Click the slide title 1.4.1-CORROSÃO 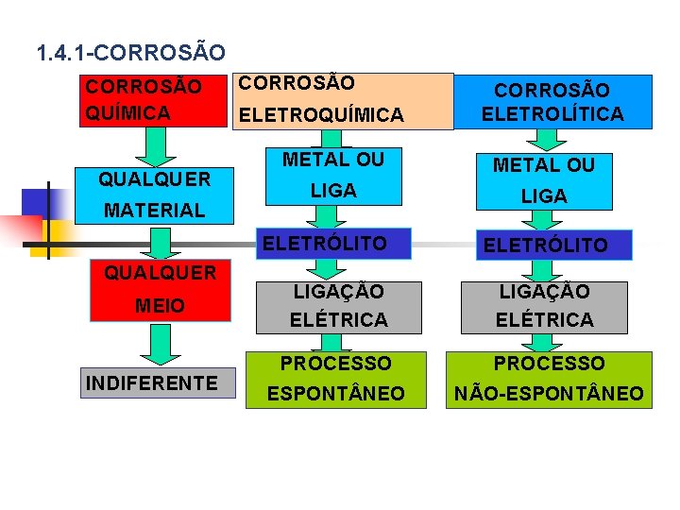click(130, 51)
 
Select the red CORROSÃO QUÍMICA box click(156, 100)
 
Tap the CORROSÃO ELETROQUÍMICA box click(343, 101)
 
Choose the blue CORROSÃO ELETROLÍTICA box click(552, 102)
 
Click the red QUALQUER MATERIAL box click(156, 194)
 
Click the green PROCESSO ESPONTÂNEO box click(335, 378)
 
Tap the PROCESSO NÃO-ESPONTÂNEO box click(549, 378)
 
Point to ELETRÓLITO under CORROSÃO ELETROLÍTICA click(545, 246)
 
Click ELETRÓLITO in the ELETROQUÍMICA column click(325, 244)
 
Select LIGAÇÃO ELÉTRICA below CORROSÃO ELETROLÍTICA click(544, 306)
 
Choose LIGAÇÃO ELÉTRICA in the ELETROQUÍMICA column click(338, 306)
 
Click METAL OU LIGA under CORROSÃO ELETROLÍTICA click(545, 180)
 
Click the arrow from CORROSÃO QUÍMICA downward click(158, 144)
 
